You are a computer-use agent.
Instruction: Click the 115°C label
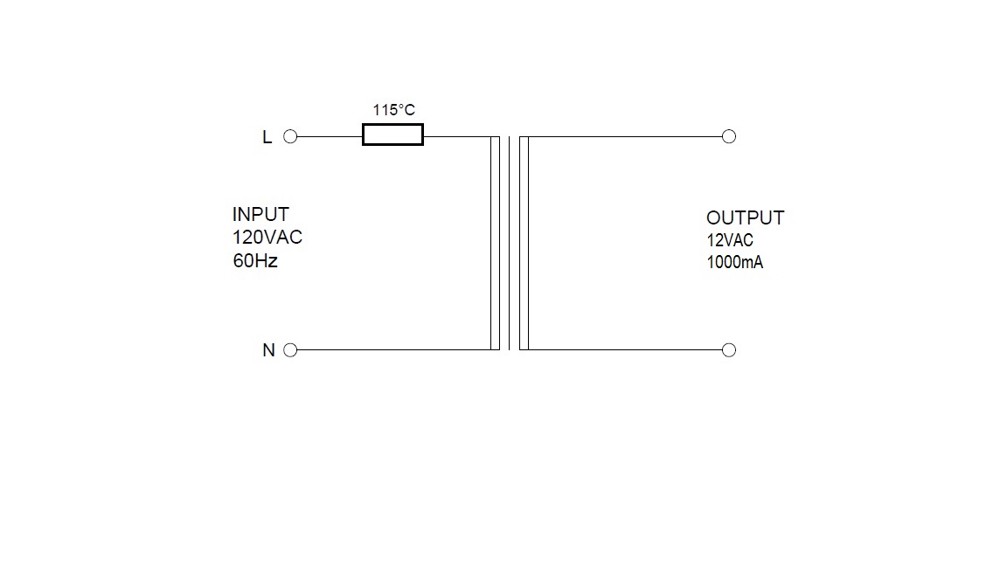click(x=393, y=110)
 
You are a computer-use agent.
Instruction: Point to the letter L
click(x=267, y=136)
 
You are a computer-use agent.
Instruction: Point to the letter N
click(x=268, y=349)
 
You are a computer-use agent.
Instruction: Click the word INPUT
click(x=260, y=214)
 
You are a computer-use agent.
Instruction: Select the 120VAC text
click(x=267, y=237)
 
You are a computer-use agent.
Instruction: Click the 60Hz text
click(x=255, y=260)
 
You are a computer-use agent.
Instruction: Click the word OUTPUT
click(x=745, y=217)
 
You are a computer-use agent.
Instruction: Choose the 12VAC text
click(x=730, y=240)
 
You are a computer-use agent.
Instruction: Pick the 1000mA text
click(x=734, y=262)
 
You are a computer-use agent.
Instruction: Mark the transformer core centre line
click(x=510, y=243)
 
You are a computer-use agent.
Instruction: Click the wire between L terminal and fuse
click(x=330, y=136)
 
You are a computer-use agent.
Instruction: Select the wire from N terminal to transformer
click(x=393, y=349)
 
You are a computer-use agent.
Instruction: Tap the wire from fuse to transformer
click(x=457, y=136)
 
